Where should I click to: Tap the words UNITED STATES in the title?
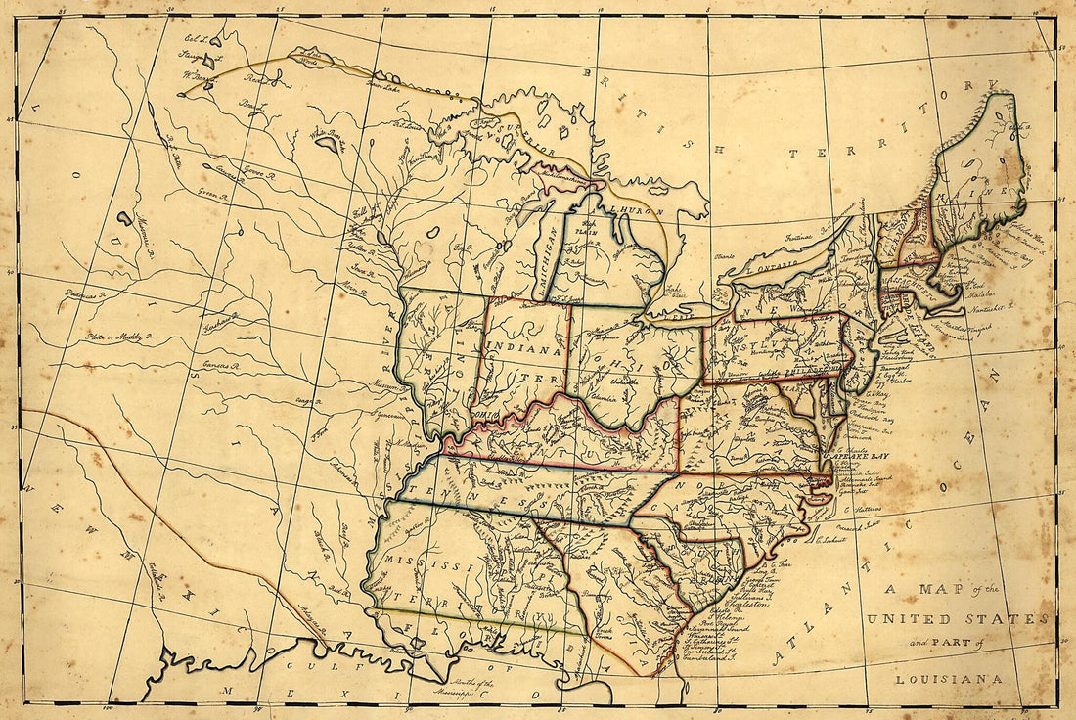[957, 619]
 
